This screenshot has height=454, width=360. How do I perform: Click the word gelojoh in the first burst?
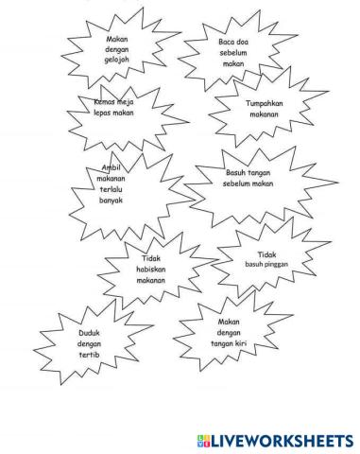tap(116, 61)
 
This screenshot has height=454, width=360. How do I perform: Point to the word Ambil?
tap(111, 168)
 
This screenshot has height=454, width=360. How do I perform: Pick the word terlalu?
tap(111, 189)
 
